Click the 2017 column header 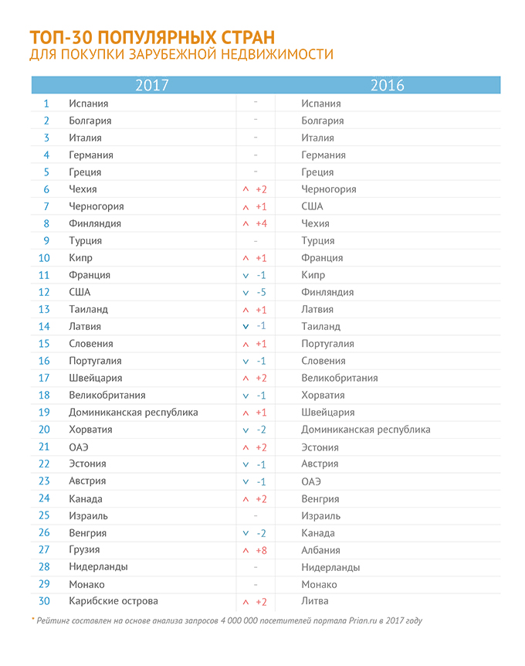[152, 85]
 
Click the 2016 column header [388, 85]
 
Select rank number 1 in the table [46, 104]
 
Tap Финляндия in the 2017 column [95, 223]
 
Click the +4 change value [262, 223]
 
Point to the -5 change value [262, 292]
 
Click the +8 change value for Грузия [262, 550]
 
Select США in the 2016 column [313, 206]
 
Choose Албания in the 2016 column [321, 550]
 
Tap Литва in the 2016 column [315, 601]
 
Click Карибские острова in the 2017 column [113, 601]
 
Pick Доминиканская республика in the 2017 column [134, 413]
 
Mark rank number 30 [44, 601]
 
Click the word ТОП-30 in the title [61, 38]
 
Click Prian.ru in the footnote [363, 621]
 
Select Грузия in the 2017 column [84, 550]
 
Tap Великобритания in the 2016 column [340, 378]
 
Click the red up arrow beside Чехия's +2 [246, 189]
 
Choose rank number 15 [44, 344]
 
